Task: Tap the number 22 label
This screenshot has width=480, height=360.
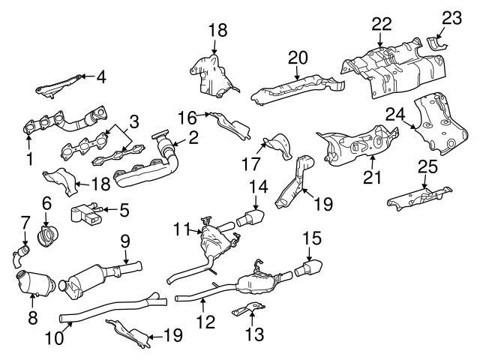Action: [x=382, y=24]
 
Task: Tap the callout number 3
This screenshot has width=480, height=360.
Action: [x=134, y=120]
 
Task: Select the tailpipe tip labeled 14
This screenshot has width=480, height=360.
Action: [x=249, y=220]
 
